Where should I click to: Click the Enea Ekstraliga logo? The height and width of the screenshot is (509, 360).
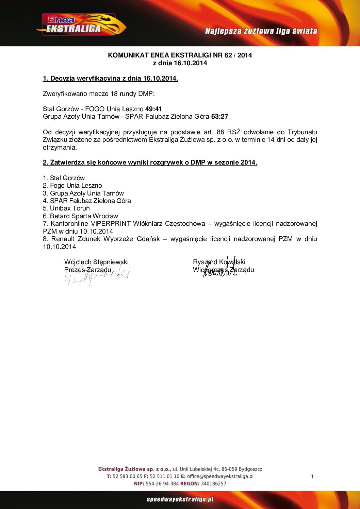coord(81,25)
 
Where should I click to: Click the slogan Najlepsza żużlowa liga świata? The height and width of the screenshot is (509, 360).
coord(261,31)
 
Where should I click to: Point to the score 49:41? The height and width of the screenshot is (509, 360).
coord(153,109)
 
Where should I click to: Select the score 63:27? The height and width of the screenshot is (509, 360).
coord(219,117)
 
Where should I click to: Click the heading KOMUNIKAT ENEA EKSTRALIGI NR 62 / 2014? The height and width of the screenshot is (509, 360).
coord(180,55)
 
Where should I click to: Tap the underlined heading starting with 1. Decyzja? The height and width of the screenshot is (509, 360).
coord(110,79)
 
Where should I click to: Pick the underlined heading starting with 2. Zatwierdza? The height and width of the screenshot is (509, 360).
coord(150,163)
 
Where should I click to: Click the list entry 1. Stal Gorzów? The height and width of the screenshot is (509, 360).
coord(64,178)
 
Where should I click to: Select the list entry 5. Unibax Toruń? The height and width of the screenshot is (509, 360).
coord(66,208)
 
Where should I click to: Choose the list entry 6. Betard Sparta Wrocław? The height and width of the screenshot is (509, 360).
coord(80,216)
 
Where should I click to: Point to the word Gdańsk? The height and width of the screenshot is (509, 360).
coord(148,239)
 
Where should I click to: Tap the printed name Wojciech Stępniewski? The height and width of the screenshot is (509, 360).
coord(96,262)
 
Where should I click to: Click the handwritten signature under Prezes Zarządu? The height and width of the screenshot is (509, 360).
coord(97,276)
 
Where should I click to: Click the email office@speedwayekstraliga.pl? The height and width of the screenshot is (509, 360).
coord(220,477)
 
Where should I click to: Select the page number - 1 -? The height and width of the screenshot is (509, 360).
coord(312,477)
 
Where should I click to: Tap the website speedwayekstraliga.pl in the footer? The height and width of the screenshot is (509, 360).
coord(180,499)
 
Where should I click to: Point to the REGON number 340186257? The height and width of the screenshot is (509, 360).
coord(213,484)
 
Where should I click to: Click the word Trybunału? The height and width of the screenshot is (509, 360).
coord(302,132)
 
